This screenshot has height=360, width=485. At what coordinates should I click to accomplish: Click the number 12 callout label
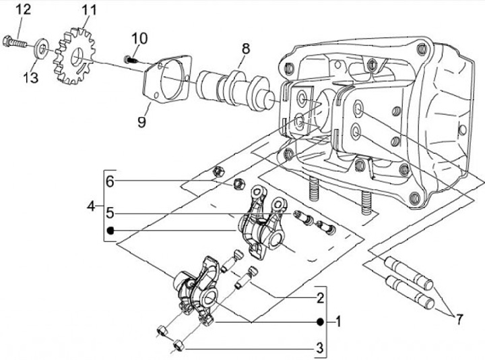pos(23,9)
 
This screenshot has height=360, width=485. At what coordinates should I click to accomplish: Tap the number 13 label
pos(31,78)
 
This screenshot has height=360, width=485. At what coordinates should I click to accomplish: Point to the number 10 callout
pos(139,38)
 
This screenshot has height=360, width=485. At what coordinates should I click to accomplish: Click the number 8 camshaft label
pos(246,49)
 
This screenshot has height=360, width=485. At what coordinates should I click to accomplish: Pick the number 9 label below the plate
pos(141,121)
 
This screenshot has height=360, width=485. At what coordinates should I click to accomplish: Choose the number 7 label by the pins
pos(459,319)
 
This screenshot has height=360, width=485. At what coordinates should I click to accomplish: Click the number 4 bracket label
pos(91,206)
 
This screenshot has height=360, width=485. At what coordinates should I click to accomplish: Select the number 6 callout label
pos(110,181)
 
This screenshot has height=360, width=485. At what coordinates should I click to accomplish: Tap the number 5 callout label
pos(110,213)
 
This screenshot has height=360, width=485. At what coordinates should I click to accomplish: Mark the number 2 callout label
pos(320,298)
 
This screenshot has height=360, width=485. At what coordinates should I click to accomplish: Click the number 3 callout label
pos(320,348)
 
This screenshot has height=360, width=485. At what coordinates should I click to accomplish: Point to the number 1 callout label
pos(338,322)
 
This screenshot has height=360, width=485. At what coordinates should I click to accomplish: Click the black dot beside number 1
pos(320,322)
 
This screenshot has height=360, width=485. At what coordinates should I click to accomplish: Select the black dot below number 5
pos(110,231)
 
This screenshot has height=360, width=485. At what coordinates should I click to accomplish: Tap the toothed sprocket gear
pos(74,56)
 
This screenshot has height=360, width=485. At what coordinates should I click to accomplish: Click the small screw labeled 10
pos(130,59)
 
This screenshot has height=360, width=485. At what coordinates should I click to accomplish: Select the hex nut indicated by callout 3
pos(179,345)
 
